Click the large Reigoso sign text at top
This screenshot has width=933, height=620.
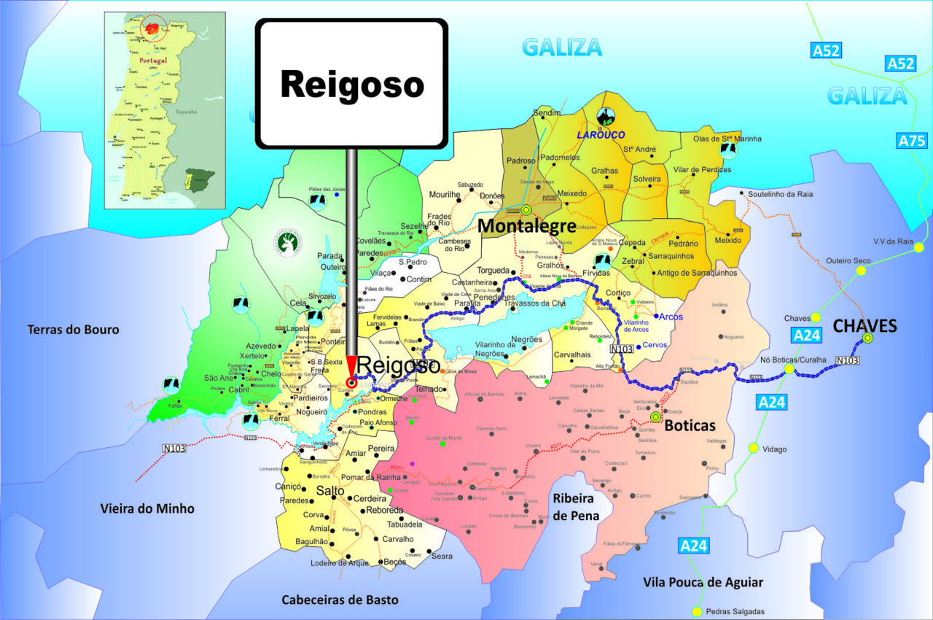point(351,85)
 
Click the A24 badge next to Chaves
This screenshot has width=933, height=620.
point(807,336)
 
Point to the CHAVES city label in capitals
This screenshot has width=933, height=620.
point(864,326)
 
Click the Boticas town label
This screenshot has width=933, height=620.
point(690,425)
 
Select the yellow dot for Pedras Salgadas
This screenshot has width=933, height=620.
point(697,611)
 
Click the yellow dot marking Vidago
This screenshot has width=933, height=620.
point(753,448)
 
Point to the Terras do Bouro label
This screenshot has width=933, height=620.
point(73,330)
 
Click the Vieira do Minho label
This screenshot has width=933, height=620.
point(147,508)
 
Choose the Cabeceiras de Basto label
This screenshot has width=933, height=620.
point(340,600)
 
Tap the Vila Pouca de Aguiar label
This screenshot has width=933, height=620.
point(703,582)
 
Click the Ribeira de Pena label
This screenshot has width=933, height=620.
point(576,506)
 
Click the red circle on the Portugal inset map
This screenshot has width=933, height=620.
point(153,28)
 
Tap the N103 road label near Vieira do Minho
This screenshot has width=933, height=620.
point(174,448)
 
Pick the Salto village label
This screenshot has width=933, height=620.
point(329,491)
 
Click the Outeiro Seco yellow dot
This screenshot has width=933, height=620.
point(861,271)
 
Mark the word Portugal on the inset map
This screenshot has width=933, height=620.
point(153,60)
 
